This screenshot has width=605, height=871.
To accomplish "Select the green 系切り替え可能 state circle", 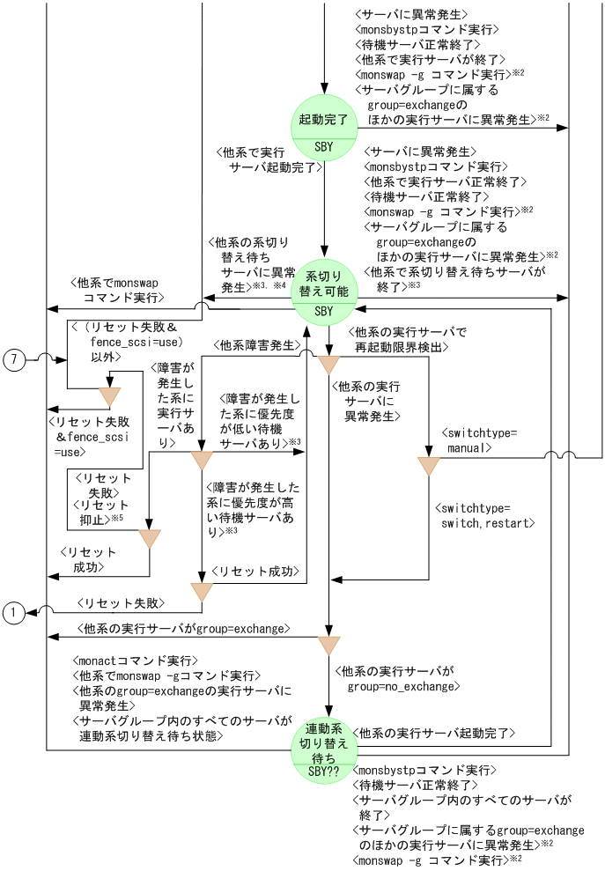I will pyautogui.click(x=324, y=293).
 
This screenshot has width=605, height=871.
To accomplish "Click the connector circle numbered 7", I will pyautogui.click(x=15, y=359).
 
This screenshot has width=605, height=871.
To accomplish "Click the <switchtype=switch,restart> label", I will pyautogui.click(x=485, y=515).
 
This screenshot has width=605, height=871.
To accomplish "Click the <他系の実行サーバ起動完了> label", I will pyautogui.click(x=433, y=733).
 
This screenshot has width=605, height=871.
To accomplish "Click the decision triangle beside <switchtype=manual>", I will pyautogui.click(x=428, y=466).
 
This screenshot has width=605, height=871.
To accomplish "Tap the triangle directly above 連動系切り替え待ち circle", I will pyautogui.click(x=328, y=645).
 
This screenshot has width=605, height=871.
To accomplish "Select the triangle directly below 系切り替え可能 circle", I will pyautogui.click(x=328, y=364).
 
